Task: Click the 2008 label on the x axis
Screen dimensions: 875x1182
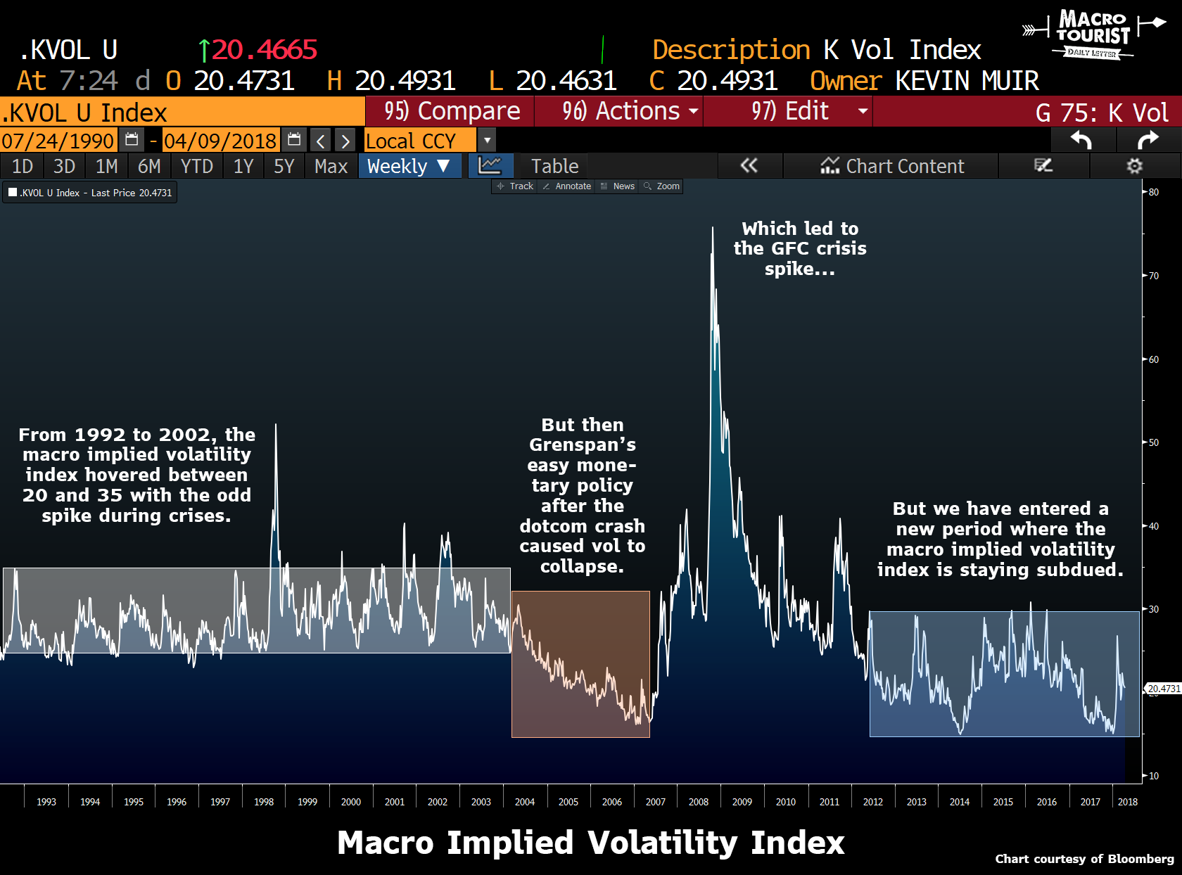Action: [x=698, y=802]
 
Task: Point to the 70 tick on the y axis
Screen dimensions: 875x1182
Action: [x=1153, y=276]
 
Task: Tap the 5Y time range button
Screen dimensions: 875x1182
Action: [x=284, y=167]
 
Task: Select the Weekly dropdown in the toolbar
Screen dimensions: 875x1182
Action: [x=409, y=167]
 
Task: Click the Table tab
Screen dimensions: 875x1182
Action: [x=554, y=167]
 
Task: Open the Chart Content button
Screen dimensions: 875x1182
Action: [x=891, y=167]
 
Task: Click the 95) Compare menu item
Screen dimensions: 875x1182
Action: [x=451, y=112]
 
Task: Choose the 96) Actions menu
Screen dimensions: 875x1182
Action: [x=620, y=112]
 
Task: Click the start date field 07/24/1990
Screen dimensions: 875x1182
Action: [x=58, y=141]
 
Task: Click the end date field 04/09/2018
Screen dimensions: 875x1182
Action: [x=220, y=141]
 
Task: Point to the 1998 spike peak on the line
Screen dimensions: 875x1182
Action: [x=276, y=425]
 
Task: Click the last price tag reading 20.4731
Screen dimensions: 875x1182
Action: [x=1164, y=689]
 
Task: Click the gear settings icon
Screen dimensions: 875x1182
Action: [x=1134, y=167]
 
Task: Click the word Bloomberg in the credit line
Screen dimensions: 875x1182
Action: [x=1140, y=859]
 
